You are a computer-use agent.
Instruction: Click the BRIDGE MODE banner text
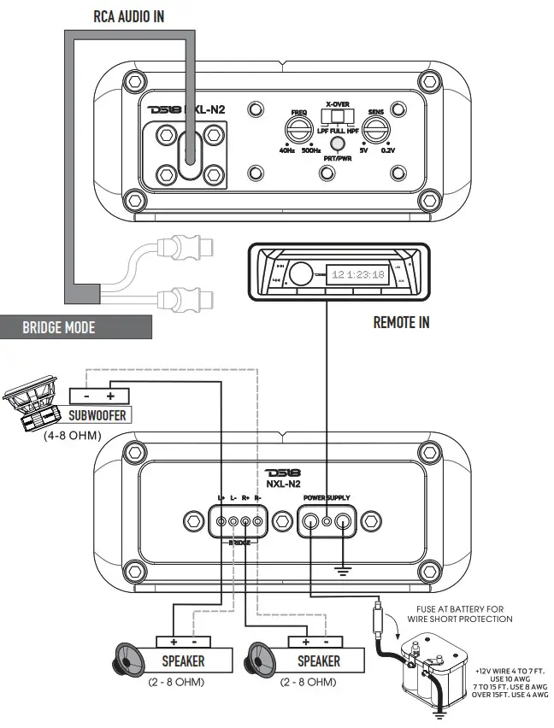(59, 327)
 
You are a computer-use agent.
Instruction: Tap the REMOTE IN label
(402, 322)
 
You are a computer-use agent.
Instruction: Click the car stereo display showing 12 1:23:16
(358, 275)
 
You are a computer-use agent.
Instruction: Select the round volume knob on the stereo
(299, 275)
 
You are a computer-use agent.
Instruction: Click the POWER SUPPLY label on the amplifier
(327, 497)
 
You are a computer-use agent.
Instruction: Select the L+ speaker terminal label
(221, 497)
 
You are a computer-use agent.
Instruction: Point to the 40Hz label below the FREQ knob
(287, 151)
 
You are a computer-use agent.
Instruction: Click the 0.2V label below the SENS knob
(389, 151)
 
